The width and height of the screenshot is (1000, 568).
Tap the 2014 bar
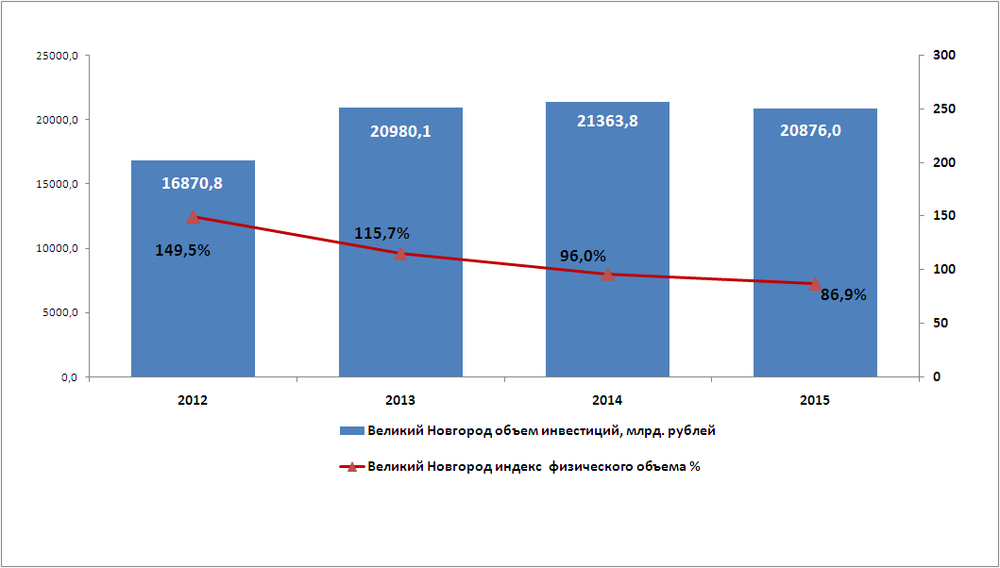[607, 311]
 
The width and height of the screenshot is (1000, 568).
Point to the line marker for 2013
[400, 253]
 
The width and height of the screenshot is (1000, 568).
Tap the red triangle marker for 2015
[815, 283]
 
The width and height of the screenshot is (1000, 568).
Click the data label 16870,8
[193, 183]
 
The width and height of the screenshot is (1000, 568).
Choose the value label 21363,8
[607, 121]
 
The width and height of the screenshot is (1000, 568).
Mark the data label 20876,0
[810, 131]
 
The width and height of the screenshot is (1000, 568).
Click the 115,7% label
[381, 233]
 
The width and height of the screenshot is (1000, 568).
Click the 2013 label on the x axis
[400, 400]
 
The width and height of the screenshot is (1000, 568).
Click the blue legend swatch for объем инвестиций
[351, 431]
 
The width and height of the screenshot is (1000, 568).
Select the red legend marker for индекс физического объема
[351, 466]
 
